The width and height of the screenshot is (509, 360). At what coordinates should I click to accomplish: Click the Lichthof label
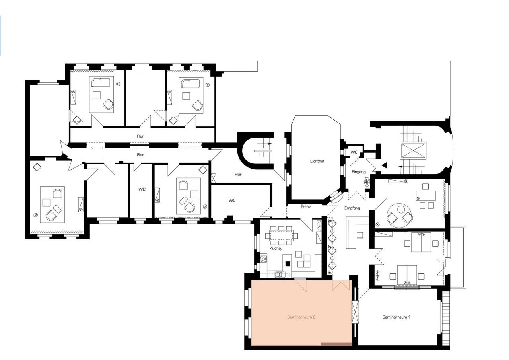[317, 161]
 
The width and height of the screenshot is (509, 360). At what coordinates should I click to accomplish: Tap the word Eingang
[359, 172]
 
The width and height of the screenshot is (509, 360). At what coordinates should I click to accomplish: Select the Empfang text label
[352, 208]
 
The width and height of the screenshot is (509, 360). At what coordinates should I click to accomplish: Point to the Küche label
[276, 248]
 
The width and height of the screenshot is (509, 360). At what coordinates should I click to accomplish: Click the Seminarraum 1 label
[396, 317]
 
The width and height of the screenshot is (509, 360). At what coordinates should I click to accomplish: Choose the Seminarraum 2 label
[301, 317]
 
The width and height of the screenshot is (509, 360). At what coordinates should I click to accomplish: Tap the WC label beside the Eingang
[354, 152]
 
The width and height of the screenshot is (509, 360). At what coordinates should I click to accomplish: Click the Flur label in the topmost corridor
[140, 136]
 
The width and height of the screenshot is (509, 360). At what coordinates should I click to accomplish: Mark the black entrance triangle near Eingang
[384, 165]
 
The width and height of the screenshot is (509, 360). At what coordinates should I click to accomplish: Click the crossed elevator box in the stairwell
[413, 150]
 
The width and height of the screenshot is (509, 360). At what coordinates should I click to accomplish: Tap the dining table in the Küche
[281, 235]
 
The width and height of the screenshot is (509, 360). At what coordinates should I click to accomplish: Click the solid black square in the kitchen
[288, 263]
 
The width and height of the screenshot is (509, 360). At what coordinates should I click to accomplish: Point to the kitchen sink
[280, 275]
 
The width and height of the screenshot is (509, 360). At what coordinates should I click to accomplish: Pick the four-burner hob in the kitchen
[263, 259]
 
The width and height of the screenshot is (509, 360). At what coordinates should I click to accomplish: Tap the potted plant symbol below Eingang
[366, 182]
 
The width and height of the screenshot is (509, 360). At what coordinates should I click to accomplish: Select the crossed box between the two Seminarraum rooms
[355, 311]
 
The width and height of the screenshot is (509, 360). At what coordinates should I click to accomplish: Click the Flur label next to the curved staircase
[238, 174]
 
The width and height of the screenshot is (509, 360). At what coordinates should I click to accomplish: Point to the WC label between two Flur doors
[142, 189]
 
